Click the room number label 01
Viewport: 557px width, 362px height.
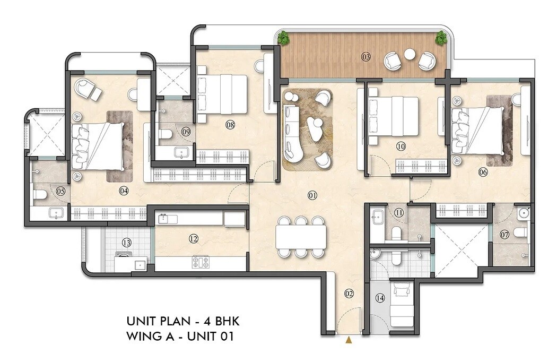coord(312,196)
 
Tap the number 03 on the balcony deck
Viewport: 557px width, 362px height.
coord(365,57)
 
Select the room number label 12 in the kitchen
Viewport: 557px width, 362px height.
coord(193,239)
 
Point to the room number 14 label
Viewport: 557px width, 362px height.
coord(380,299)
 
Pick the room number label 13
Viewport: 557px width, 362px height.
coord(126,243)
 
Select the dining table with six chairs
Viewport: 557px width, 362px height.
coord(300,236)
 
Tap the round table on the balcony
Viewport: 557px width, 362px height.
coord(410,54)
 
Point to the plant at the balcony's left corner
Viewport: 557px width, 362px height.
coord(284,38)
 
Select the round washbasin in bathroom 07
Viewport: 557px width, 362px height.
coord(524,213)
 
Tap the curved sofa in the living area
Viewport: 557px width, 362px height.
coord(292,135)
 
